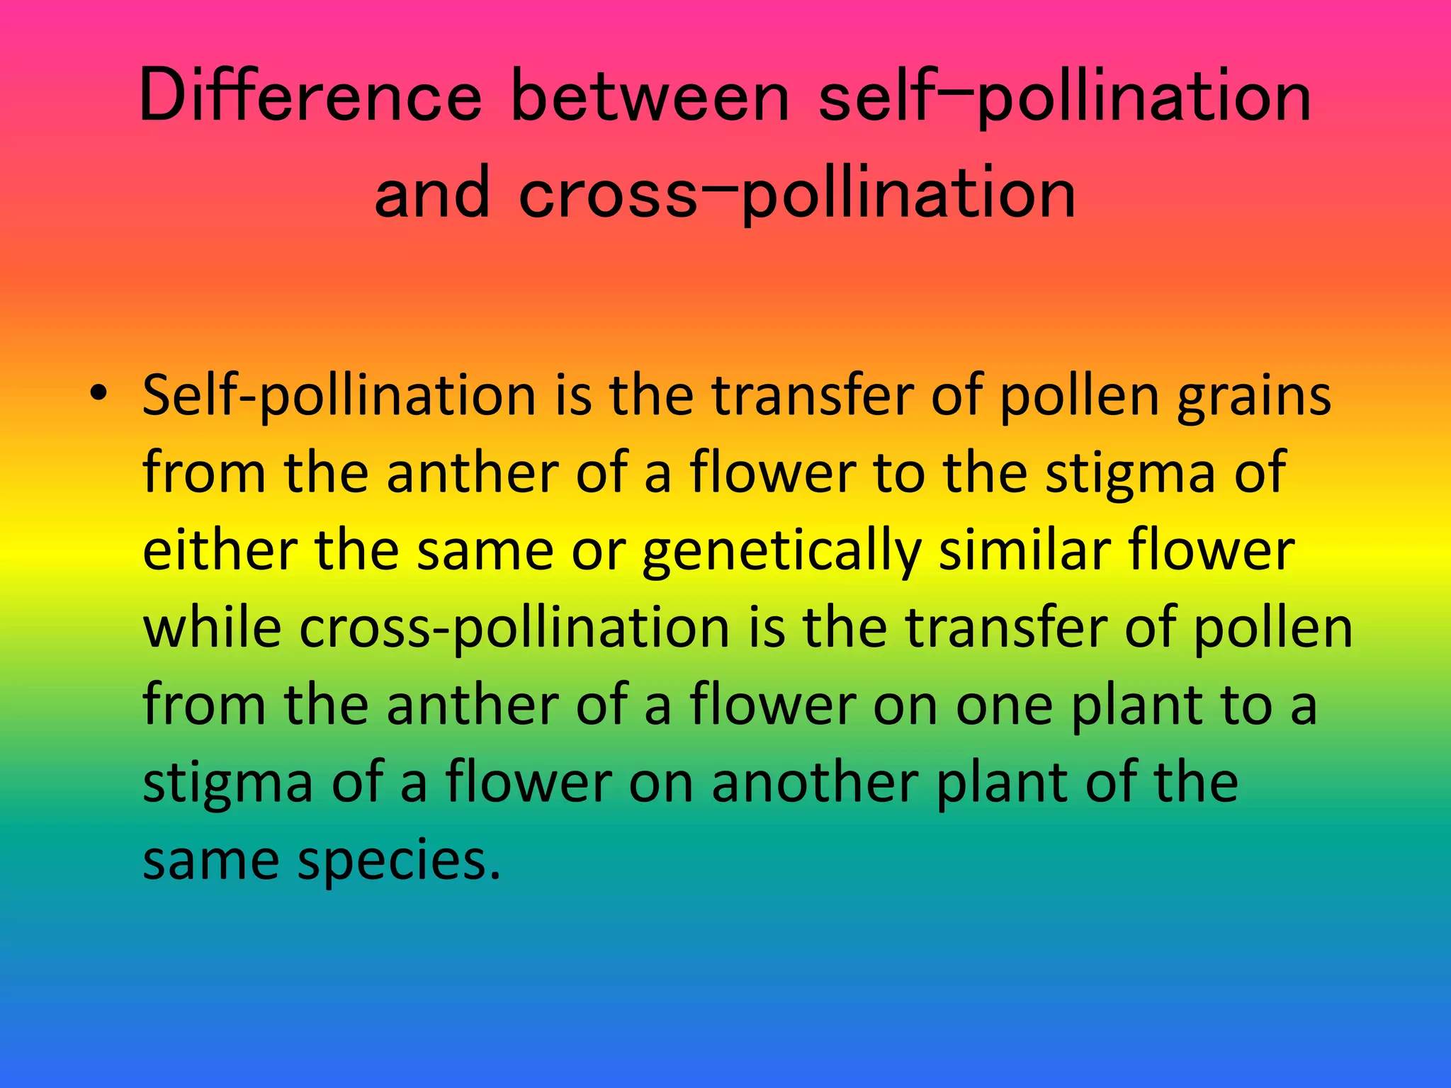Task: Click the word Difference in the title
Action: pyautogui.click(x=310, y=96)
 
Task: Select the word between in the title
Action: pyautogui.click(x=650, y=96)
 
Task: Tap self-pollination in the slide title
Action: pyautogui.click(x=1064, y=96)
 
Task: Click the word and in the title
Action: pyautogui.click(x=431, y=193)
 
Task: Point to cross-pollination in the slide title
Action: pyautogui.click(x=797, y=193)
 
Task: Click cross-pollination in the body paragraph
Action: pyautogui.click(x=514, y=628)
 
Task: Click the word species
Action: pyautogui.click(x=399, y=860)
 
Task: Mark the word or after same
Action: pyautogui.click(x=599, y=550)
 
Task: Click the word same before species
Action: pyautogui.click(x=211, y=860)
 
